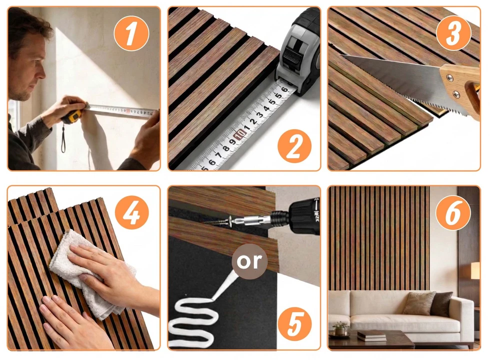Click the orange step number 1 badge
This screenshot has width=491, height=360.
click(131, 33)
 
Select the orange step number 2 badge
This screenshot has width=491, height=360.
click(294, 146)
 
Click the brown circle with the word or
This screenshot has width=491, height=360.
click(249, 261)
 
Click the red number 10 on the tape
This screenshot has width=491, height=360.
click(240, 134)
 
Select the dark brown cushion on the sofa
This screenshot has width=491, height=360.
click(441, 303)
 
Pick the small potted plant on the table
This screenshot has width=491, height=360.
click(340, 328)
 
